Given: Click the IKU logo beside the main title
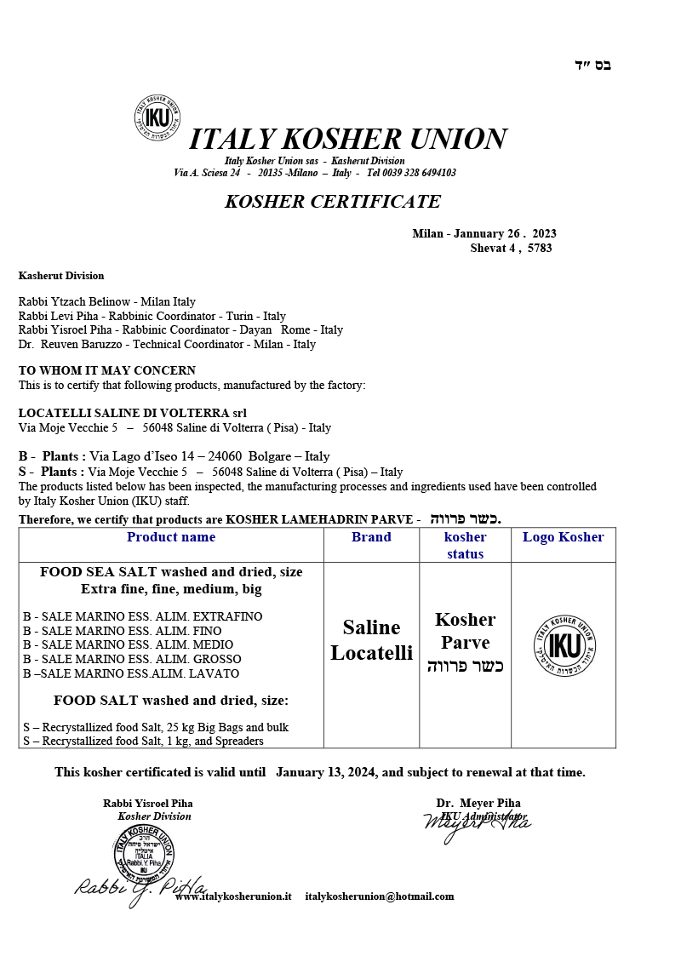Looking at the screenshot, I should coord(157,117).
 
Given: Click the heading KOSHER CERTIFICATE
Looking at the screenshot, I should coord(333,202).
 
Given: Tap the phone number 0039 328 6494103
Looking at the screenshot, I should coord(411,173).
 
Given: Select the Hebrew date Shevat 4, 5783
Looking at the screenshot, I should coord(511,249).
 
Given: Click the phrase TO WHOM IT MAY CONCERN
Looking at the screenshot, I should coord(107,370).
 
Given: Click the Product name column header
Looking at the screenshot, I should coord(171,537).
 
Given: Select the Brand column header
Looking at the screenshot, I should coord(371,537).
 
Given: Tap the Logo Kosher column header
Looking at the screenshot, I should coord(563,537).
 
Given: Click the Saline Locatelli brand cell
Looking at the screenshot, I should coord(371,640).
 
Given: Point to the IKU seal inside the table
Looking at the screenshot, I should coord(563,644).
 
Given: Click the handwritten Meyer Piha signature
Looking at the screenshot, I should coord(477,824).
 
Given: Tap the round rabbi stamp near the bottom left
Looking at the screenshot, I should coord(144,852).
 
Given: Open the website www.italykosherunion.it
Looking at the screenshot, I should coord(233,896).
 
